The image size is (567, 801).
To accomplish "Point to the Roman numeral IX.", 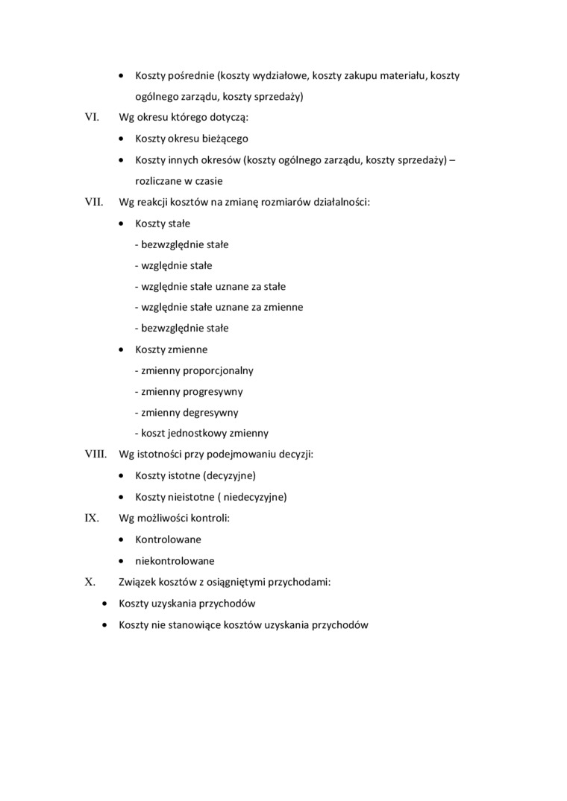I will (x=92, y=518).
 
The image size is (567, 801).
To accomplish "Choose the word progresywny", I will (x=213, y=391).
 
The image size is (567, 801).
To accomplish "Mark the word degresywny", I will (x=212, y=412).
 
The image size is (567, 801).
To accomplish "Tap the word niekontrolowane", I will (x=175, y=560).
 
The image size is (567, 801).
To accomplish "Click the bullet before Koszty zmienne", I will (x=122, y=349).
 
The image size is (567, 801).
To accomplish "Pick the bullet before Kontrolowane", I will (x=122, y=539).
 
